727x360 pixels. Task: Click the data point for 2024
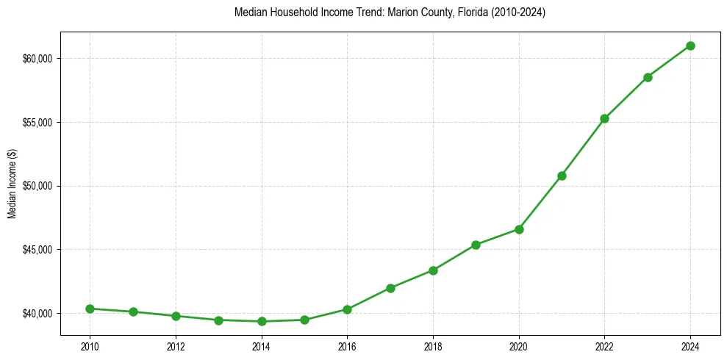(x=690, y=46)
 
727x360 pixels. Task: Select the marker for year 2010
(x=90, y=309)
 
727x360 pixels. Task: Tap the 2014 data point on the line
(x=262, y=321)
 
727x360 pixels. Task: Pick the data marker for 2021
(x=562, y=176)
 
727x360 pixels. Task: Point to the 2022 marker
(x=604, y=118)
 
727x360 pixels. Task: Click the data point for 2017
(x=390, y=288)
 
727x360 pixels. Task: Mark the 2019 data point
(x=476, y=245)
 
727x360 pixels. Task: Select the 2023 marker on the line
(x=648, y=77)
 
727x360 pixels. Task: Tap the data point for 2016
(x=347, y=309)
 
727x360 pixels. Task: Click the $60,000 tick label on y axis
(x=38, y=59)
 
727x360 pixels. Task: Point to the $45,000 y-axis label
(x=38, y=250)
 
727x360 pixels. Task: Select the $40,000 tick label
(x=38, y=314)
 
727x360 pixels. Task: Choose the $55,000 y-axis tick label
(x=38, y=122)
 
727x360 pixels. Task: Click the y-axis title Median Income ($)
(x=12, y=186)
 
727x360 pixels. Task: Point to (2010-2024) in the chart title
(x=515, y=12)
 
